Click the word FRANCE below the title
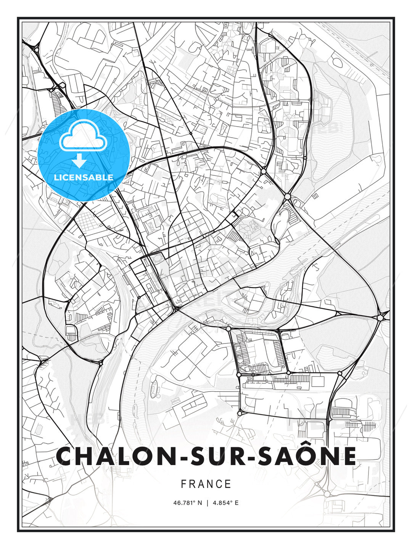click(x=206, y=484)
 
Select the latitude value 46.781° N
click(x=187, y=503)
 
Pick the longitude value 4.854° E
click(x=225, y=503)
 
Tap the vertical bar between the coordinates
click(x=207, y=503)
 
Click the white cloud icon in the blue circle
click(x=83, y=137)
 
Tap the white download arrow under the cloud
click(x=80, y=161)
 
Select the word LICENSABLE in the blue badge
click(x=84, y=177)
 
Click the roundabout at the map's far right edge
click(x=380, y=317)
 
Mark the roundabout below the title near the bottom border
click(x=327, y=494)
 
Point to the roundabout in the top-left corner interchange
click(x=37, y=49)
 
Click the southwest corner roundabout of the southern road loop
click(x=240, y=413)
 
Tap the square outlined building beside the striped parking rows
click(x=317, y=381)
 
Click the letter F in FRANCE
click(x=183, y=484)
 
